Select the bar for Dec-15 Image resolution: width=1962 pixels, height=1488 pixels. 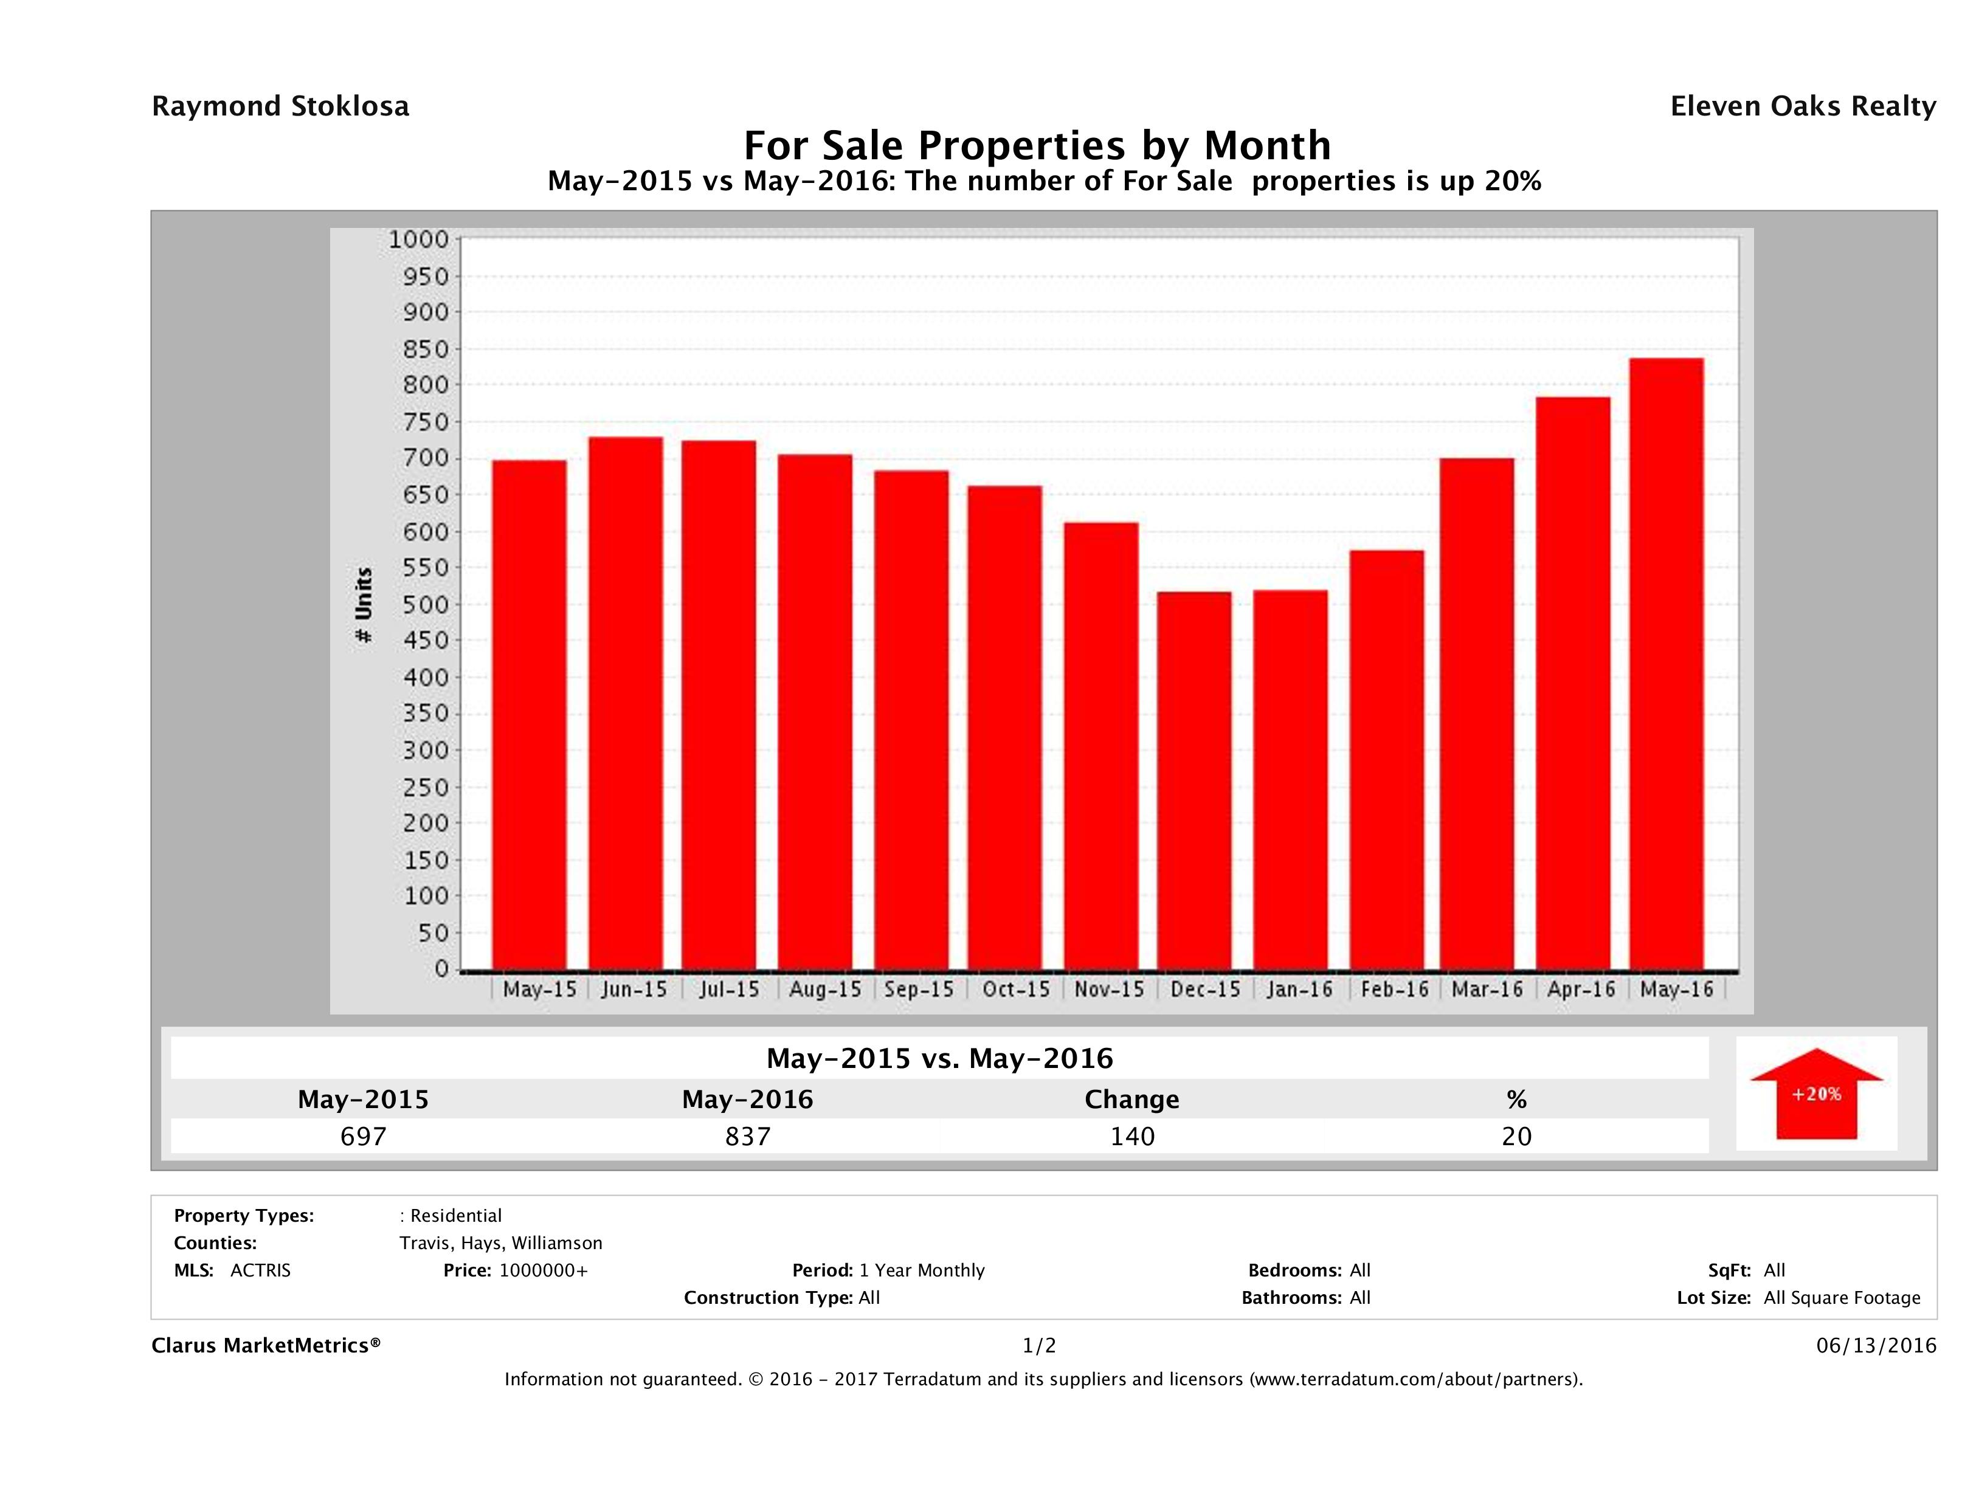tap(1194, 780)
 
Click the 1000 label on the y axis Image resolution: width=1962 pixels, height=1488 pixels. tap(420, 239)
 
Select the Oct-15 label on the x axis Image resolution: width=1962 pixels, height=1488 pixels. tap(1015, 990)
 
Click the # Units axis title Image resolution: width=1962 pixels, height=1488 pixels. tap(364, 605)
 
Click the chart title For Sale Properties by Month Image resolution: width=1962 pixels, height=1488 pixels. tap(1037, 145)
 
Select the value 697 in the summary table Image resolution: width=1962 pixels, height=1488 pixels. tap(364, 1136)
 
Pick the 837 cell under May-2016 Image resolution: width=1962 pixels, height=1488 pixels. tap(748, 1136)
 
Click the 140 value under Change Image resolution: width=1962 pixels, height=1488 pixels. tap(1133, 1136)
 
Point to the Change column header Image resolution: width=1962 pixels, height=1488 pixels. tap(1132, 1100)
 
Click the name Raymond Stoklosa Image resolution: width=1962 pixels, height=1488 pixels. tap(280, 106)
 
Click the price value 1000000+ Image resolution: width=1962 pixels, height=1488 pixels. tap(543, 1270)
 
